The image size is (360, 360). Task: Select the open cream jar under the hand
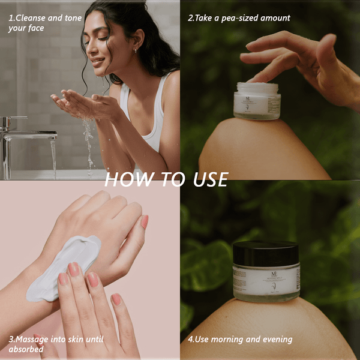(257, 101)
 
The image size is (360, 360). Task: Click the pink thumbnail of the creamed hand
(144, 222)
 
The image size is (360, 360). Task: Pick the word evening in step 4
(276, 340)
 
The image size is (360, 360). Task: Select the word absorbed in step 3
(26, 349)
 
